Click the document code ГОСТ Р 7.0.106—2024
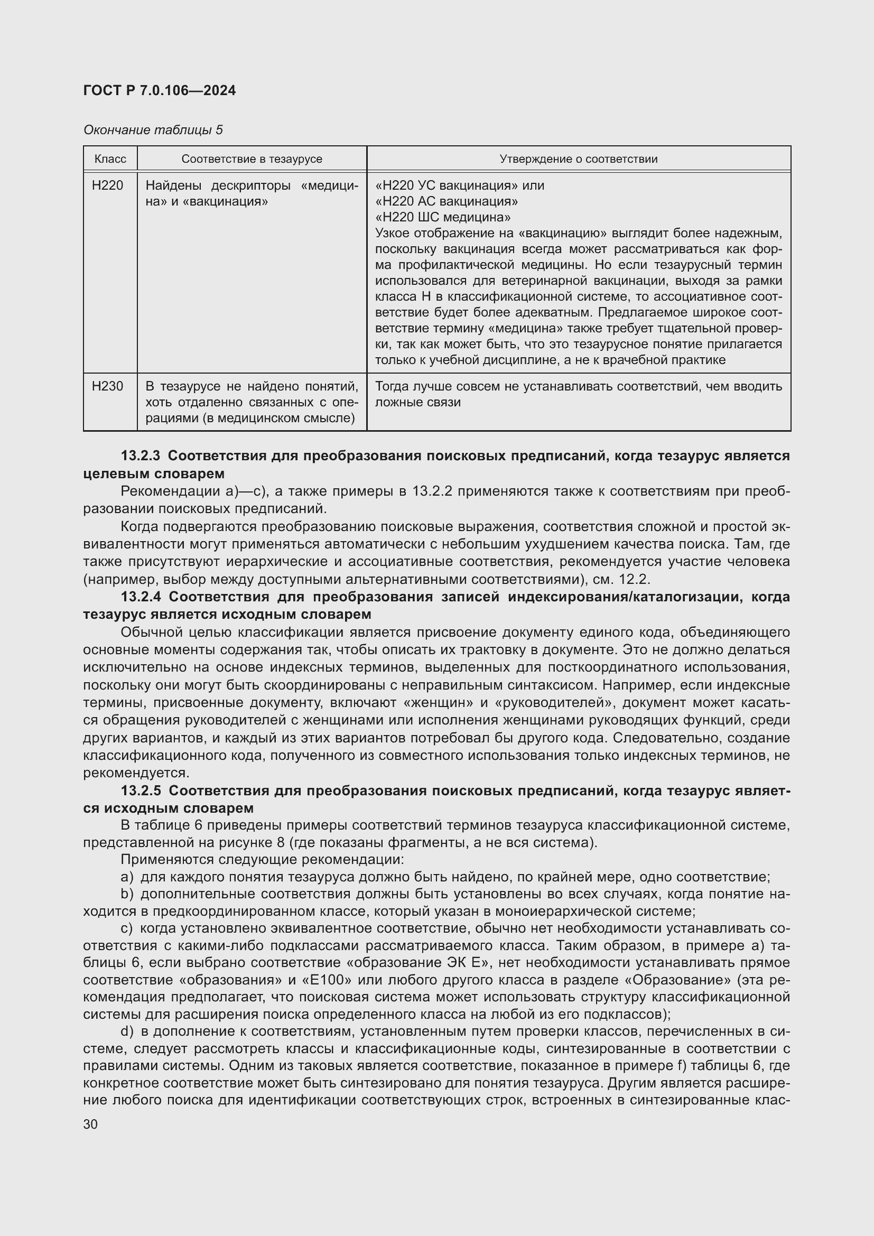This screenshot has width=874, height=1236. coord(159,90)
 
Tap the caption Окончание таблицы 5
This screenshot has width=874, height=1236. coord(153,130)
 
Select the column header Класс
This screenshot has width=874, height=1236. coord(110,159)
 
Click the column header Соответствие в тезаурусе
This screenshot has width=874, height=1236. coord(252,159)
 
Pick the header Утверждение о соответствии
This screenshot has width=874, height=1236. coord(579,159)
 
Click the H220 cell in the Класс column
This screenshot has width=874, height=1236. coord(108,185)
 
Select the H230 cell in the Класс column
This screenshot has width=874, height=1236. coord(108,386)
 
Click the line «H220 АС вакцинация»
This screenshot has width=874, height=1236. coord(447,201)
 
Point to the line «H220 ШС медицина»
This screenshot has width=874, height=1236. coord(443,217)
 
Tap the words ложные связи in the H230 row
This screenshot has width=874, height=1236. coord(417,402)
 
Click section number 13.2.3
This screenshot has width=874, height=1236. coord(141,456)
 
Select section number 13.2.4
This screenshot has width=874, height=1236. coord(141,597)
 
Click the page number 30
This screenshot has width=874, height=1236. coord(90,1124)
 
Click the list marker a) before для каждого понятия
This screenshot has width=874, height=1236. coord(127,877)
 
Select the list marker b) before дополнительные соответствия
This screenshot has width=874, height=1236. coord(127,894)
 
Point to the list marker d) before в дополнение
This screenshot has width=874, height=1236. coord(127,1031)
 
